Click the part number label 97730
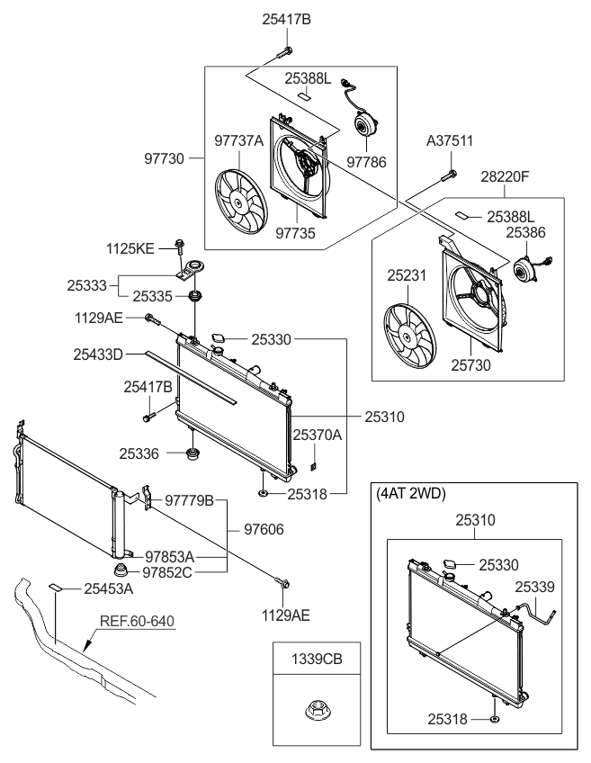pyautogui.click(x=164, y=158)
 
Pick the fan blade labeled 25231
pyautogui.click(x=409, y=337)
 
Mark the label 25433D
pyautogui.click(x=98, y=355)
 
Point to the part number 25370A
pyautogui.click(x=317, y=435)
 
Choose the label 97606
pyautogui.click(x=264, y=530)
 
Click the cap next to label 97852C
pyautogui.click(x=120, y=570)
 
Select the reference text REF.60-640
pyautogui.click(x=139, y=620)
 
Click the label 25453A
pyautogui.click(x=108, y=588)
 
